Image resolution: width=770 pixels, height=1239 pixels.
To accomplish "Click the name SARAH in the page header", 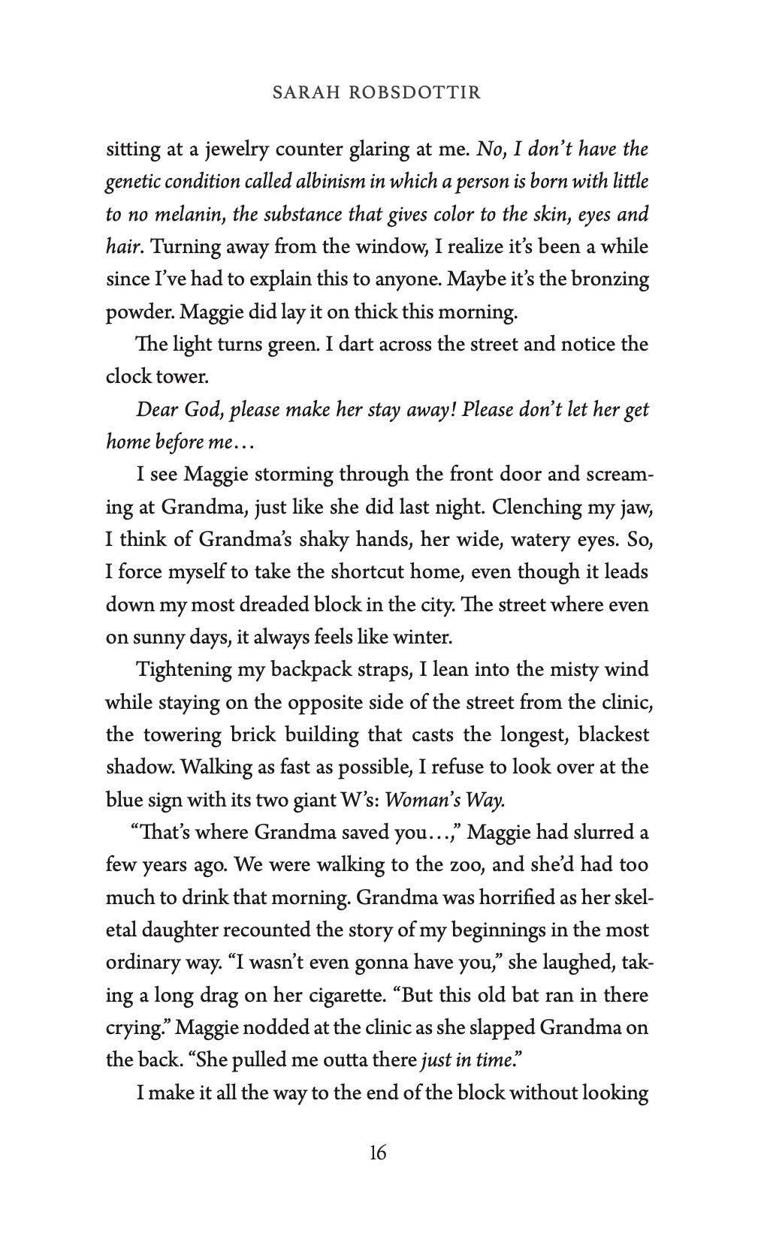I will (300, 92).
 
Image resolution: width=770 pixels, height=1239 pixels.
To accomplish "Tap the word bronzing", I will (611, 279).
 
